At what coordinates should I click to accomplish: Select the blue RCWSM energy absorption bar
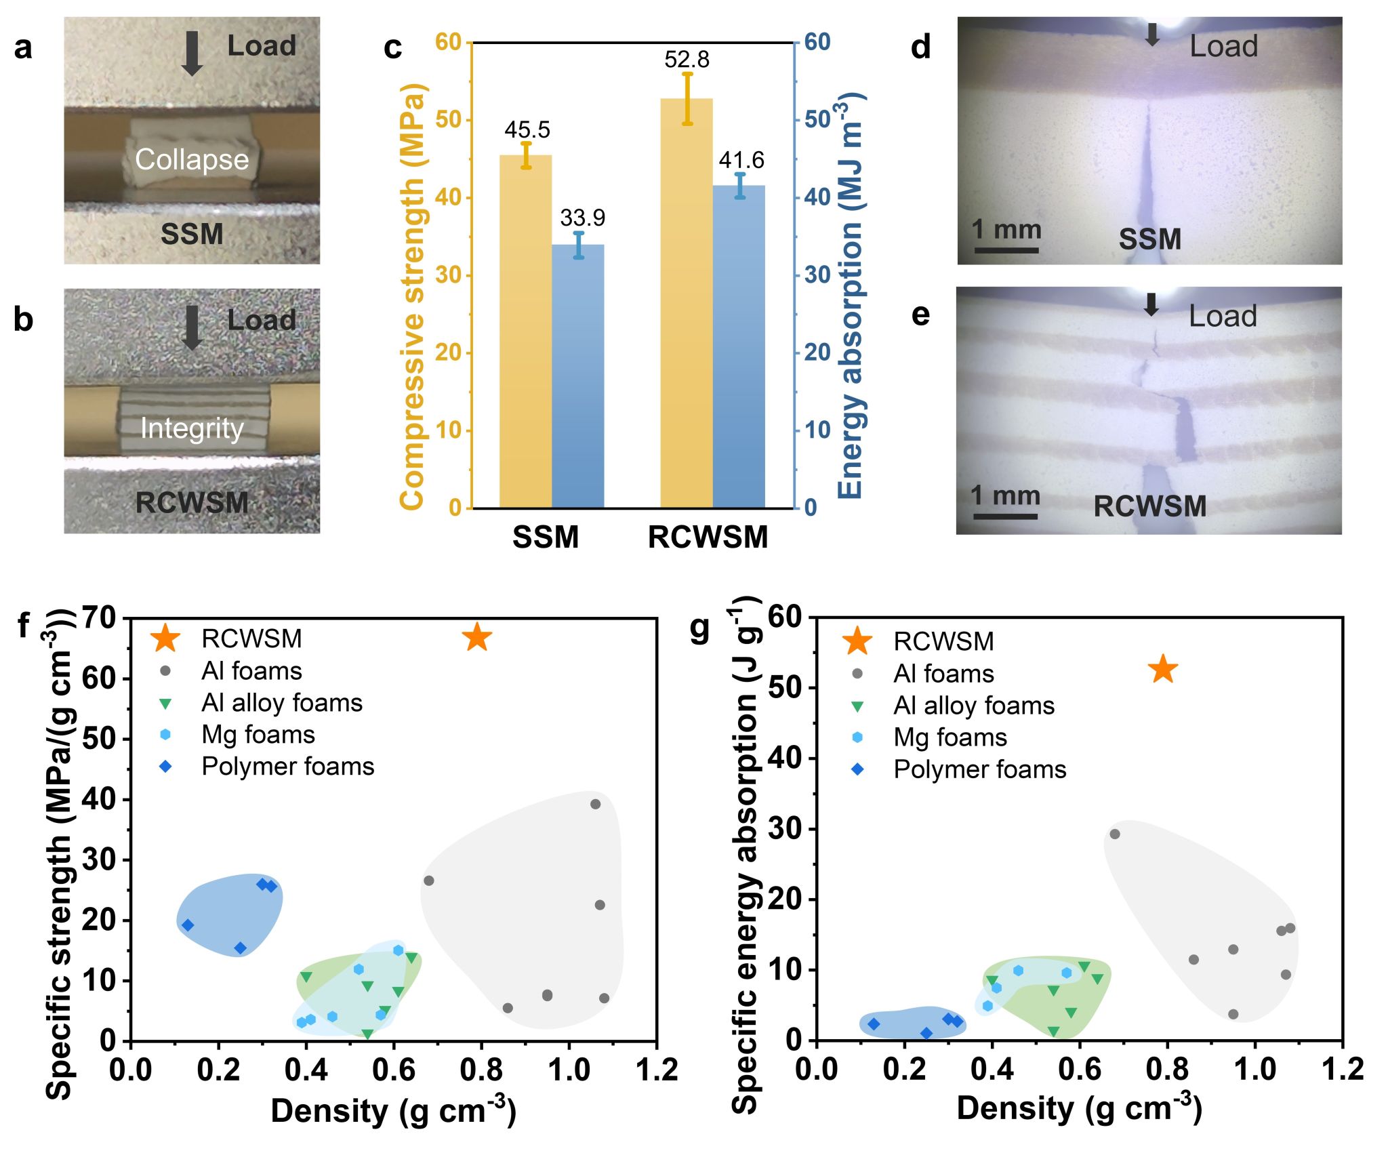click(x=739, y=346)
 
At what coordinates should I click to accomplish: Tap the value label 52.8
click(x=687, y=60)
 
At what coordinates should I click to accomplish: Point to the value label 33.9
click(x=582, y=218)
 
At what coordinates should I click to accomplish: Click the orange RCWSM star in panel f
click(x=477, y=637)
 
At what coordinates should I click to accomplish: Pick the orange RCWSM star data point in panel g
click(x=1164, y=669)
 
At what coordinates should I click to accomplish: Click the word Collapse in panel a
click(x=192, y=160)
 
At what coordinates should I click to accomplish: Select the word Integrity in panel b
click(x=192, y=428)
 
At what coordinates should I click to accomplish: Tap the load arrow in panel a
click(x=192, y=53)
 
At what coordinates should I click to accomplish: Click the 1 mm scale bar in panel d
click(x=1006, y=250)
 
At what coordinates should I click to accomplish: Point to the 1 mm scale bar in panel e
click(x=1006, y=516)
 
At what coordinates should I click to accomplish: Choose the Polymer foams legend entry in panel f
click(x=287, y=767)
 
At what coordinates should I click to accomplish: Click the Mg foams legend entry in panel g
click(x=950, y=737)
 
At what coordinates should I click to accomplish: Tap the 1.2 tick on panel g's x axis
click(x=1343, y=1070)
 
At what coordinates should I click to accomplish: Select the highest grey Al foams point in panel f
click(x=595, y=804)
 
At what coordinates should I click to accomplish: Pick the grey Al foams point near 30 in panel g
click(x=1114, y=834)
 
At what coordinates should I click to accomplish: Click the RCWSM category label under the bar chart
click(x=708, y=538)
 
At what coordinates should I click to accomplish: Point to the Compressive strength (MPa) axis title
click(x=412, y=296)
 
